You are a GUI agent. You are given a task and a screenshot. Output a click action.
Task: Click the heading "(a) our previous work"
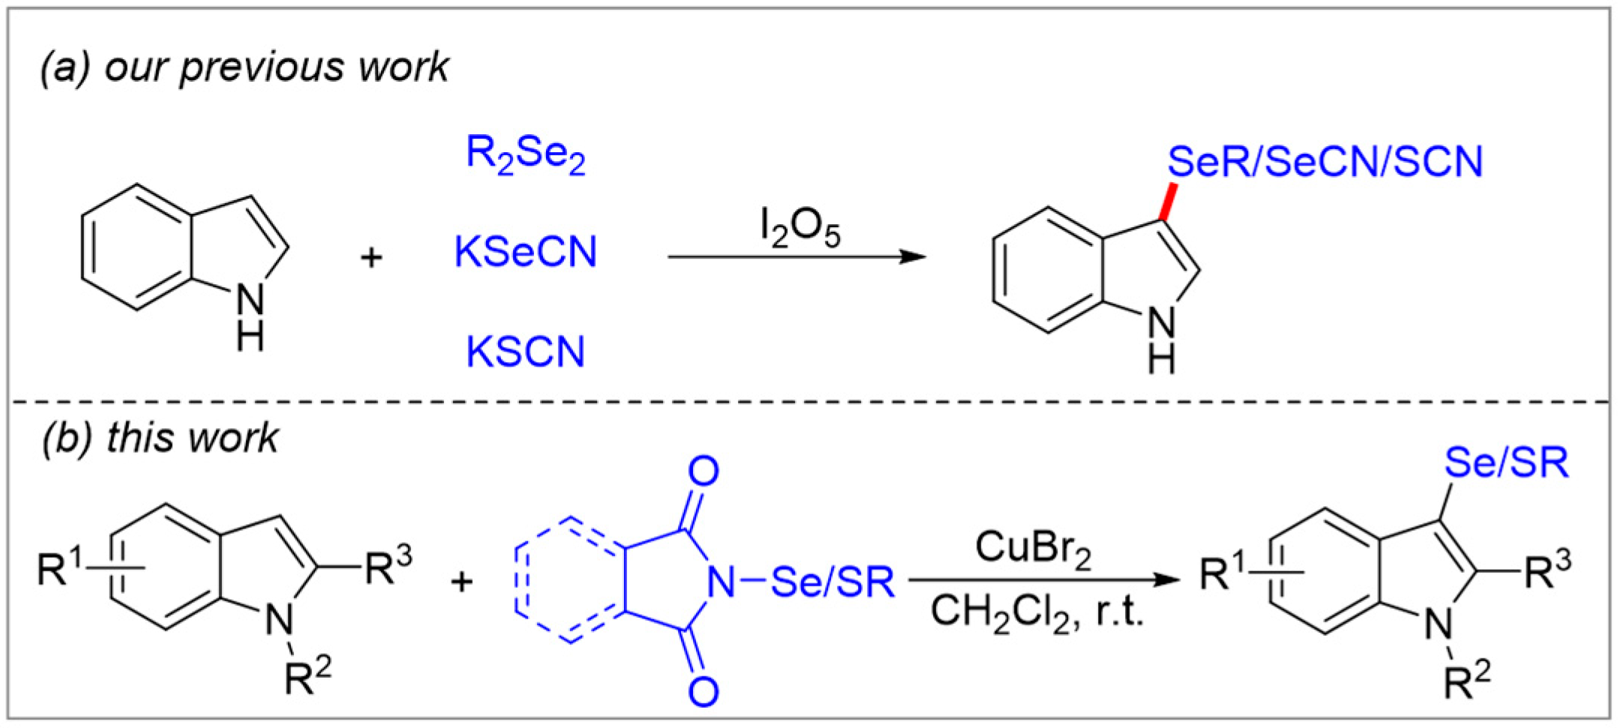click(x=244, y=67)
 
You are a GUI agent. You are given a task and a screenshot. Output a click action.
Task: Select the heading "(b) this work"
click(x=160, y=437)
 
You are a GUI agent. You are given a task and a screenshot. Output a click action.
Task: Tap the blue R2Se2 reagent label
click(x=525, y=154)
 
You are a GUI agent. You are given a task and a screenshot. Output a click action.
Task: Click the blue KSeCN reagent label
click(x=525, y=252)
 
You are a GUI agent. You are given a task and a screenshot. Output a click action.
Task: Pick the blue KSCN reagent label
click(x=525, y=351)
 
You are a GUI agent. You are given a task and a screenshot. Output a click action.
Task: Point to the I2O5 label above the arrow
click(x=799, y=228)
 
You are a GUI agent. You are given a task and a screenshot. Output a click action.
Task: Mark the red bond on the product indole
click(x=1168, y=202)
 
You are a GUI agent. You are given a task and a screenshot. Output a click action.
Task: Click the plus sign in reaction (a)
click(x=371, y=258)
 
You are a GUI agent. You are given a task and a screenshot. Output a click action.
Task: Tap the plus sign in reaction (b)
click(x=462, y=581)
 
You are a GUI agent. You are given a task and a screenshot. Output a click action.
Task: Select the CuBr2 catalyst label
click(x=1033, y=549)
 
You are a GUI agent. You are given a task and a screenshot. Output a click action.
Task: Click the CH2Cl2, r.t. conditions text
click(x=1036, y=613)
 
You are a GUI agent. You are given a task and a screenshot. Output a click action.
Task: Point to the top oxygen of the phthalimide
click(x=703, y=471)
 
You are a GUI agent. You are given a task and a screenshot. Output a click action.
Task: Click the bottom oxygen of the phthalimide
click(x=703, y=691)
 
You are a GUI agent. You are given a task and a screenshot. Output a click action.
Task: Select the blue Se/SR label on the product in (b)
click(x=1506, y=463)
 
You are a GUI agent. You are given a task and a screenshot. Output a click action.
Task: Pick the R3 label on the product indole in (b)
click(x=1547, y=571)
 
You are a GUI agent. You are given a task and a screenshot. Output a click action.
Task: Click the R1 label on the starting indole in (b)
click(x=60, y=568)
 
